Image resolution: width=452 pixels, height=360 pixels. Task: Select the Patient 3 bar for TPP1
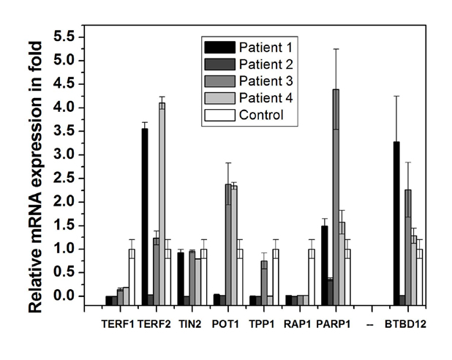pyautogui.click(x=264, y=278)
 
